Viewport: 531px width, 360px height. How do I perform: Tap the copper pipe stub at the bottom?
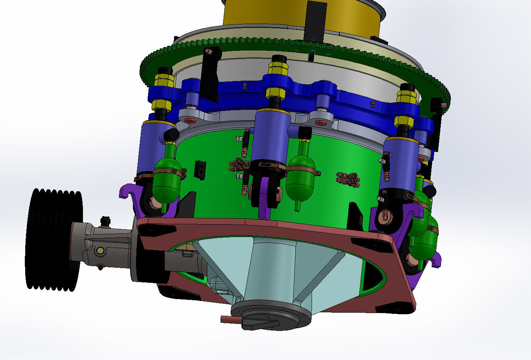(229, 319)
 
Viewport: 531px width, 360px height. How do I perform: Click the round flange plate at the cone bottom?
(271, 312)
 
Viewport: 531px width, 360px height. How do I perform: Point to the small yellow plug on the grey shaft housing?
(101, 251)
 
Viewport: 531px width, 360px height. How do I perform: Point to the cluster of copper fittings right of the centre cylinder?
(348, 179)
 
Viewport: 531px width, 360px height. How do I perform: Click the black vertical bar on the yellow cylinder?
(315, 19)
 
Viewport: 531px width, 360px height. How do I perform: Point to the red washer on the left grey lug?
(190, 121)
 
